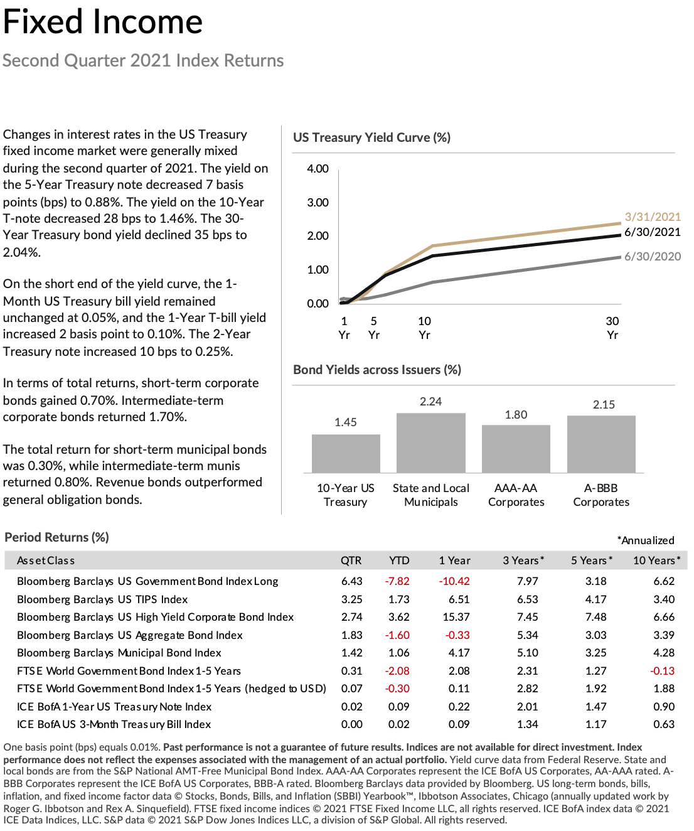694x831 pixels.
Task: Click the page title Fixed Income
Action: coord(103,22)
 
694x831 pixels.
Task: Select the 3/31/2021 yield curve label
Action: coord(653,217)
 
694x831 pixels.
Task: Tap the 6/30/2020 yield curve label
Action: coord(653,256)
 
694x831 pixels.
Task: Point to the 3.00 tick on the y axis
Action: coord(318,203)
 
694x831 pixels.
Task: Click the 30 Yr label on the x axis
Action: coord(612,328)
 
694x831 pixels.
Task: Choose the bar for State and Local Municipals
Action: coord(431,443)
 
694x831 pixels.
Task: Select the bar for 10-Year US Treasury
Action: coord(346,454)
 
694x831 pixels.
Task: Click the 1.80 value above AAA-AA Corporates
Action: coord(516,415)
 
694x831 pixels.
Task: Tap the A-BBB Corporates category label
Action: coord(601,495)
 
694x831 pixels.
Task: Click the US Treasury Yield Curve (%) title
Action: coord(371,137)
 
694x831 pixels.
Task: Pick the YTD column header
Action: coord(399,560)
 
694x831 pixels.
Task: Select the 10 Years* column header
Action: coord(656,560)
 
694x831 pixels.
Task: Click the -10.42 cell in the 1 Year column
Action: coord(454,581)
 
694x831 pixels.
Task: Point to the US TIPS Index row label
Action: coord(102,599)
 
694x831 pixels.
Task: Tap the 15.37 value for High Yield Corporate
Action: coord(456,617)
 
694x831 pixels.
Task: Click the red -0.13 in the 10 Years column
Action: coord(662,671)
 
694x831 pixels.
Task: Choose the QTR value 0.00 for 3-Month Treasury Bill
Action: coord(352,724)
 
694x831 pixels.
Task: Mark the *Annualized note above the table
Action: coord(646,540)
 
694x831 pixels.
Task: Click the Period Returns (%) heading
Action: coord(56,538)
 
